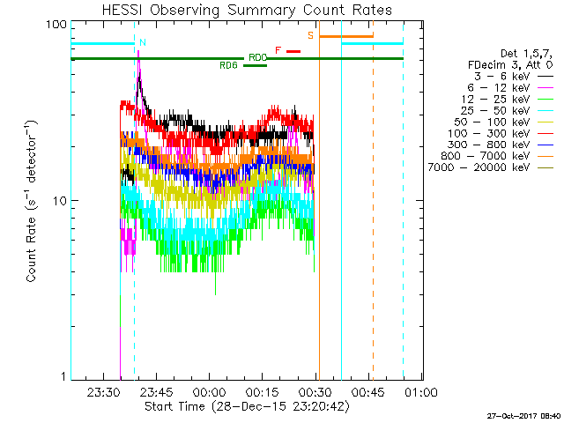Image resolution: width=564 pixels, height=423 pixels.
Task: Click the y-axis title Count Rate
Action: (33, 201)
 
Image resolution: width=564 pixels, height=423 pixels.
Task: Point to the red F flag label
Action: (278, 50)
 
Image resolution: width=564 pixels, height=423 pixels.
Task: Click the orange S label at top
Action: (310, 35)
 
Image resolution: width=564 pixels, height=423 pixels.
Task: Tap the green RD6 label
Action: (228, 65)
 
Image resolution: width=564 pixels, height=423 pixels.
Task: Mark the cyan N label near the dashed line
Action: (143, 42)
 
